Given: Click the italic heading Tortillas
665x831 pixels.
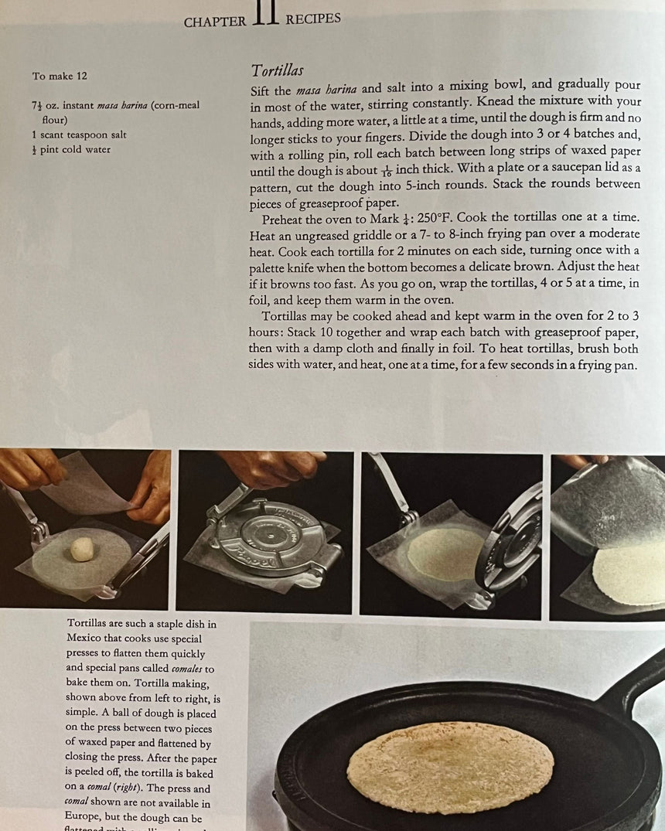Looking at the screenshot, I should click(x=277, y=71).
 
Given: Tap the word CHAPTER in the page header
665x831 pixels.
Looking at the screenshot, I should click(x=215, y=22).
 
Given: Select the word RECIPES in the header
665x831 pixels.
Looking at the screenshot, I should click(x=313, y=19).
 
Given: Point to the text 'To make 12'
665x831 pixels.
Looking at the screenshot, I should click(x=60, y=76).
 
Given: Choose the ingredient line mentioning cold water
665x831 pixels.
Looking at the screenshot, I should click(x=71, y=149).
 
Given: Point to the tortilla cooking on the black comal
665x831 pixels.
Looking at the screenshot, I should click(x=450, y=766).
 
